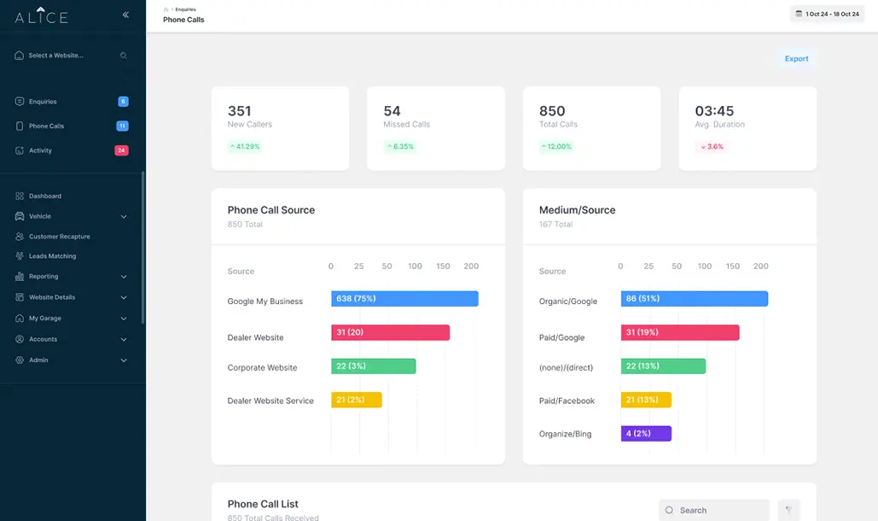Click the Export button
click(x=796, y=59)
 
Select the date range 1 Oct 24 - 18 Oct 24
click(x=827, y=14)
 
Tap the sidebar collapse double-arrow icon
click(x=125, y=15)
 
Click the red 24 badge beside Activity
click(x=121, y=150)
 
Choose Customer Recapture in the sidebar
click(x=60, y=237)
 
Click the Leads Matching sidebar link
click(x=53, y=256)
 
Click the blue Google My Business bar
click(x=404, y=299)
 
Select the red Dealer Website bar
click(x=390, y=332)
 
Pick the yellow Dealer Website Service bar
click(x=356, y=400)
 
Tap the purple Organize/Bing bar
click(x=646, y=434)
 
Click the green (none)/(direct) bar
click(x=663, y=366)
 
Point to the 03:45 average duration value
click(x=714, y=111)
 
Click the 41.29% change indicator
click(x=245, y=147)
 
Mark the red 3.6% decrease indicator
click(x=712, y=147)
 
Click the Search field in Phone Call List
click(x=714, y=510)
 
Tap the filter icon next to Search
click(x=788, y=510)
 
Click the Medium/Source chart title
click(x=577, y=210)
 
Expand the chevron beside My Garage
click(x=124, y=319)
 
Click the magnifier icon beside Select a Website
click(x=123, y=56)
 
